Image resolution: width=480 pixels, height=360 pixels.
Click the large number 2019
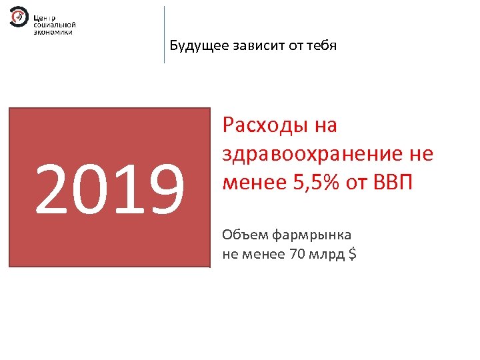[109, 189]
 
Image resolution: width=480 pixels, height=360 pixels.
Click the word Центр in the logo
[45, 16]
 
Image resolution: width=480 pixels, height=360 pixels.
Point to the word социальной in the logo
[55, 24]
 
